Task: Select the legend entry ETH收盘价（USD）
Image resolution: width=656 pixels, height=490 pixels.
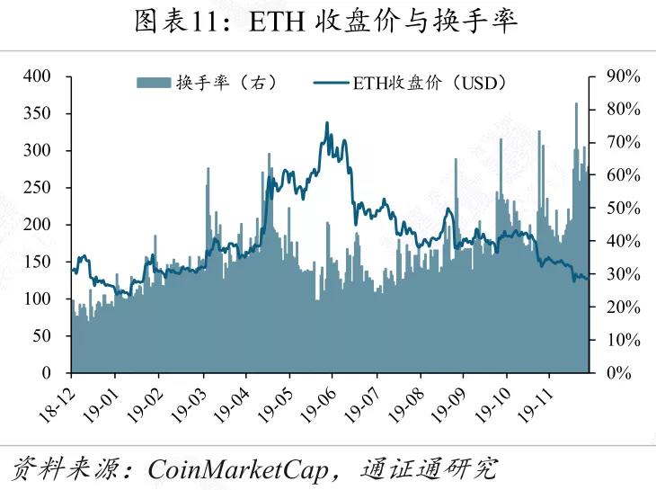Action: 412,84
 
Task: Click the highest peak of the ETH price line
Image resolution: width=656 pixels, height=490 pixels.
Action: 326,123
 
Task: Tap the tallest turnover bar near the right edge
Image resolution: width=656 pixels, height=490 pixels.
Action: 576,104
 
